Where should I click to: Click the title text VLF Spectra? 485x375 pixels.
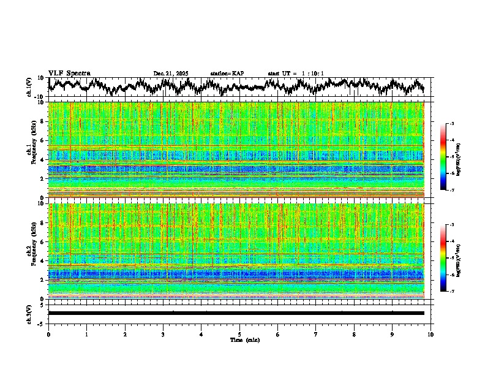click(69, 73)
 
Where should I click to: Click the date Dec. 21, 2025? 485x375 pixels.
click(171, 74)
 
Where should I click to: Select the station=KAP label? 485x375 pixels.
click(227, 74)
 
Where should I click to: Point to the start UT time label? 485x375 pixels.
click(296, 74)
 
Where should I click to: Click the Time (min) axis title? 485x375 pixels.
click(239, 339)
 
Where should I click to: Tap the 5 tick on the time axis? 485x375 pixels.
click(239, 334)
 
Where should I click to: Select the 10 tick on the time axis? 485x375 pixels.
click(431, 334)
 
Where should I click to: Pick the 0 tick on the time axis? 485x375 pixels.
click(48, 334)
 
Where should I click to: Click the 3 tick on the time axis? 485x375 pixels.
click(163, 334)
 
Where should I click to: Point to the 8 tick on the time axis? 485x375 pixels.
click(355, 334)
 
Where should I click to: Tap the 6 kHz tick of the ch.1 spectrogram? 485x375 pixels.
click(43, 140)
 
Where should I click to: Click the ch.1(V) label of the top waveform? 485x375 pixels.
click(30, 86)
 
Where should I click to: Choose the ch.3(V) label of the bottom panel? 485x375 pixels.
click(30, 312)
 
